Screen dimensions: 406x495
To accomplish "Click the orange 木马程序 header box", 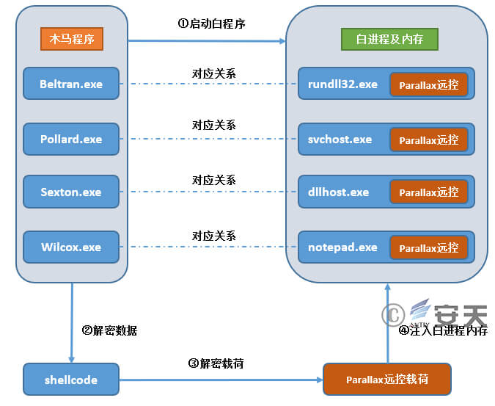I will click(71, 39).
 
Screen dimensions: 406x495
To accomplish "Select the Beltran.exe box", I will click(71, 84).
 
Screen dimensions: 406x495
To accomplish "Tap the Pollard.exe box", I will click(71, 139).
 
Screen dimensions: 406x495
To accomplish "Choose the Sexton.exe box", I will click(71, 192).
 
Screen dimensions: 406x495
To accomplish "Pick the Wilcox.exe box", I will click(71, 247).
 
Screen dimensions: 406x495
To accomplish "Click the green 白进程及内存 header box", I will click(386, 39).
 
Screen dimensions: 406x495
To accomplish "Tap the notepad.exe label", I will click(342, 247).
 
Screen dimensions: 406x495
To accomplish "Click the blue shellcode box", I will click(71, 380).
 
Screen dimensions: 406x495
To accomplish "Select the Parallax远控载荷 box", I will click(387, 380).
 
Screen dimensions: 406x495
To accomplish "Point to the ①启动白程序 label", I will click(211, 23).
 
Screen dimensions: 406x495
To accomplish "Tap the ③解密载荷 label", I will click(216, 363).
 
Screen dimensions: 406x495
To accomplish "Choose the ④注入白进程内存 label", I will click(443, 330).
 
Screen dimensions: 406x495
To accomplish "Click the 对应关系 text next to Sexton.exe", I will click(214, 180).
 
